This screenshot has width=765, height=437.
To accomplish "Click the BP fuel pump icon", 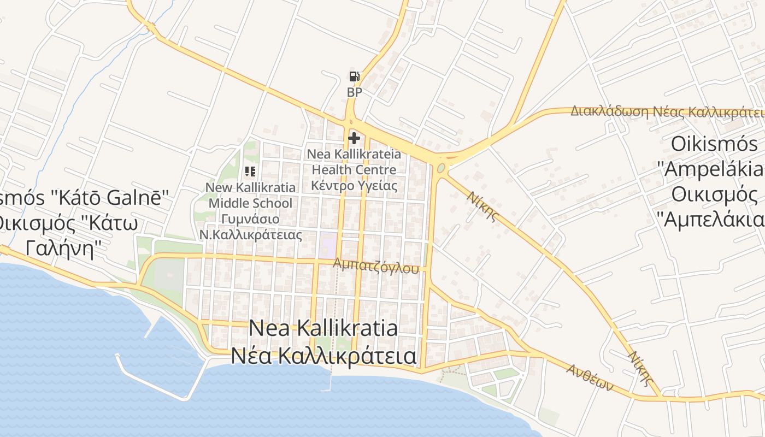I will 354,77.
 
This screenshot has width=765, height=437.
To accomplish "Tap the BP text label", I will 354,92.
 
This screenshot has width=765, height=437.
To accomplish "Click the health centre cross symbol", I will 354,138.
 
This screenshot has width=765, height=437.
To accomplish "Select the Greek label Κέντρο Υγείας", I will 354,185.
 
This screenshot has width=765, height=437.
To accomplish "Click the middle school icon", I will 250,172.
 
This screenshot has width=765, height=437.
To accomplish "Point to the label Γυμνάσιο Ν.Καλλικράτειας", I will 250,227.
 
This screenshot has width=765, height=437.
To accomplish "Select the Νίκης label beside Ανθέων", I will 641,368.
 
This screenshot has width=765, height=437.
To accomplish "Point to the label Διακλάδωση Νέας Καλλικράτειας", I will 667,112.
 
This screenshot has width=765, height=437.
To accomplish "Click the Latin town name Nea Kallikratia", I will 323,328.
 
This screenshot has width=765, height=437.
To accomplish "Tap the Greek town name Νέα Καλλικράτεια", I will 323,356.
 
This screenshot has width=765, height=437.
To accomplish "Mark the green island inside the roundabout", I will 441,168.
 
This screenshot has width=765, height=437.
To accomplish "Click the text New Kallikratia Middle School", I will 250,196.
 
